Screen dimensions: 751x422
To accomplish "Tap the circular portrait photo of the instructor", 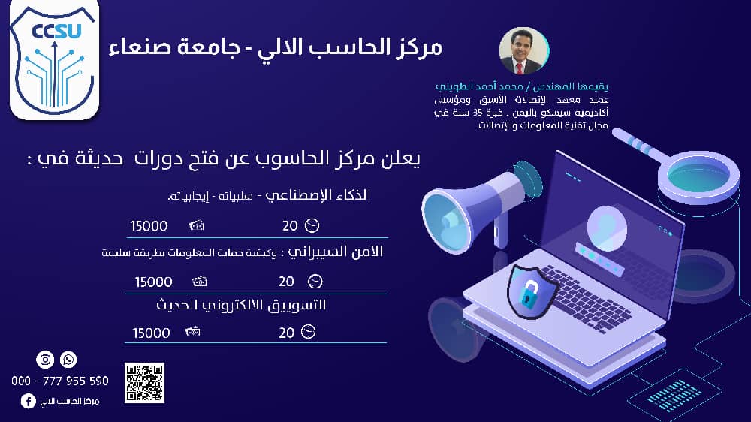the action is click(523, 51).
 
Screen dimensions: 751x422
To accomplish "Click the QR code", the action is click(145, 383).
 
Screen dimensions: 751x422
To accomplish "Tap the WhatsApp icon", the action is click(68, 359).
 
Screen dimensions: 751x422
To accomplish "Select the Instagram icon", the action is click(45, 359).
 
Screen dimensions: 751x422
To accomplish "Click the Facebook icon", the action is click(29, 401).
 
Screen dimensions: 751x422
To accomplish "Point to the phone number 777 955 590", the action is click(76, 381).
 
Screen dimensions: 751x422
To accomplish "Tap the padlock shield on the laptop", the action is click(532, 291).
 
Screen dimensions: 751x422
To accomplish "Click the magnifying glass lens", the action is click(698, 175).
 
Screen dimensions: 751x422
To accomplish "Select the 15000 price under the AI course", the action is click(149, 225).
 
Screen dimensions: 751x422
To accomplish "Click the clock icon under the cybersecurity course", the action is click(315, 281).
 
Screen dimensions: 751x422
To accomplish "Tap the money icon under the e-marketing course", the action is click(192, 331).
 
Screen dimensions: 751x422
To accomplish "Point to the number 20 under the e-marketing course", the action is click(286, 333).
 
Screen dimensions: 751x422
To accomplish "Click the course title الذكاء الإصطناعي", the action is click(318, 195).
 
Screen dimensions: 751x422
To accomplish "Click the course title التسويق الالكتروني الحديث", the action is click(241, 305).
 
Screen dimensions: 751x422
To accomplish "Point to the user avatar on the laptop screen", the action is click(607, 228).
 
